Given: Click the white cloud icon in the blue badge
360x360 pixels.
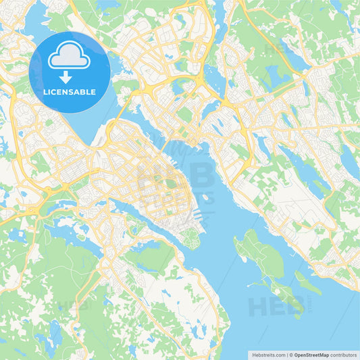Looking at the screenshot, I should click(70, 57).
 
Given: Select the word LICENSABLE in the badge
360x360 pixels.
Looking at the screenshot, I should click(70, 91).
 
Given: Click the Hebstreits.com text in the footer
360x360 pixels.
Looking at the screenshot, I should click(266, 354).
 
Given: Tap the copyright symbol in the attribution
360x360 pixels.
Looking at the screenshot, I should click(290, 354).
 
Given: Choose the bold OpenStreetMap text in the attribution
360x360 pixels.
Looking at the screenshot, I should click(312, 354).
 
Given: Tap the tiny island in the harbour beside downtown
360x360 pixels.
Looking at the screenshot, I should click(205, 197).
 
